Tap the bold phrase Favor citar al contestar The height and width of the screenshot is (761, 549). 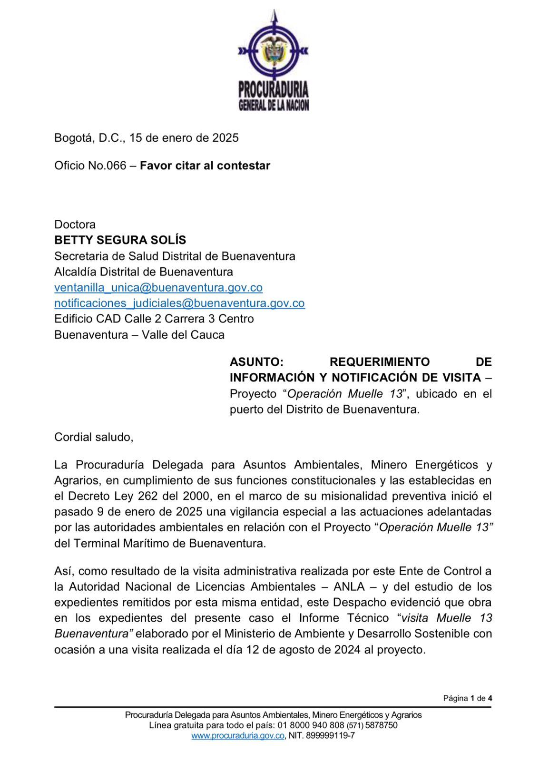pyautogui.click(x=205, y=166)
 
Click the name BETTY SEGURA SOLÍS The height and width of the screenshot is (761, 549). pyautogui.click(x=120, y=240)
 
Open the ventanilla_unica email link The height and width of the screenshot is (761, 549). pyautogui.click(x=158, y=287)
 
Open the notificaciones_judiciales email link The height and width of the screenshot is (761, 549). pyautogui.click(x=179, y=303)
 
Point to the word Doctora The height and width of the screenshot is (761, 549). pyautogui.click(x=75, y=224)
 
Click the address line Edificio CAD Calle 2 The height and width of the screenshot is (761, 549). pyautogui.click(x=154, y=319)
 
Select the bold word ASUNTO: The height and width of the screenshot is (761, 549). pyautogui.click(x=256, y=362)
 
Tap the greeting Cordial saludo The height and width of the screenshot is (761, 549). pyautogui.click(x=93, y=437)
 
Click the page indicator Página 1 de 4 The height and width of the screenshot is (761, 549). pyautogui.click(x=467, y=698)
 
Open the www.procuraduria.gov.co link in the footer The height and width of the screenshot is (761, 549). pyautogui.click(x=238, y=736)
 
